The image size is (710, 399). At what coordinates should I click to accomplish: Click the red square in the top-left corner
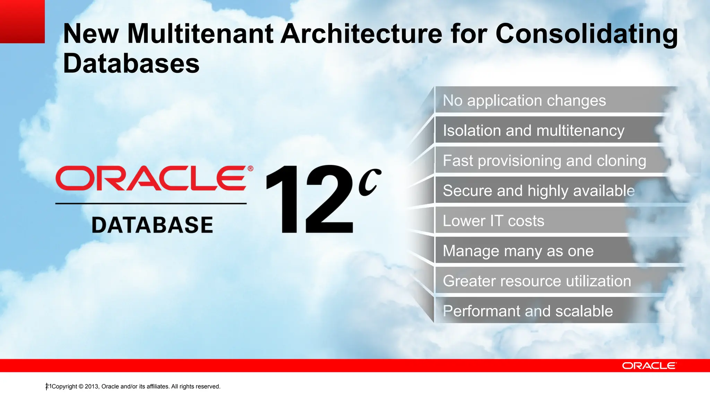22,21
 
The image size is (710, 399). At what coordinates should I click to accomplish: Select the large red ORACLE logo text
151,178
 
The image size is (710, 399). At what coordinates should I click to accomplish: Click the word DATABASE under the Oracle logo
152,225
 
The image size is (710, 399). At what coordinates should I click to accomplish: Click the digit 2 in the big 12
329,200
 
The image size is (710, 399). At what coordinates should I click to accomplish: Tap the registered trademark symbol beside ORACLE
250,169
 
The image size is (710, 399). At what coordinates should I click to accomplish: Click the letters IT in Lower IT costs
496,221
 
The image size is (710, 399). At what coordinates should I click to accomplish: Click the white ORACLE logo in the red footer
649,366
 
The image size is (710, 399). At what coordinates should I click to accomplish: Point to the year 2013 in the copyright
92,387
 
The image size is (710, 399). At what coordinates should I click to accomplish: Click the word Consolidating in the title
587,34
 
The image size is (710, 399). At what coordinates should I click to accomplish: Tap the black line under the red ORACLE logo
151,204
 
